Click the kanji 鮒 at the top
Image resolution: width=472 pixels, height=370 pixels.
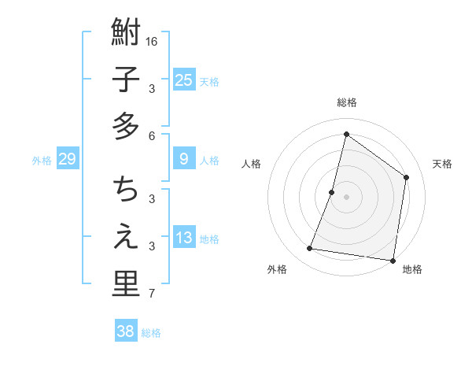click(x=126, y=33)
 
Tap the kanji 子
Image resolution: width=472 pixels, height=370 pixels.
click(x=126, y=80)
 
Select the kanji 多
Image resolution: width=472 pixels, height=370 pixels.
click(x=126, y=126)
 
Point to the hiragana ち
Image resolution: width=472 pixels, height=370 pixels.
click(x=126, y=190)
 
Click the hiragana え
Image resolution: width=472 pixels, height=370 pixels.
click(x=126, y=236)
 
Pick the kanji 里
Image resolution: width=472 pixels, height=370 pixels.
click(x=126, y=283)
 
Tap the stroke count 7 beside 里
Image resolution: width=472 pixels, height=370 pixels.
click(x=152, y=294)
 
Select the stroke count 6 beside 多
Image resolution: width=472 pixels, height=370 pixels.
click(x=152, y=135)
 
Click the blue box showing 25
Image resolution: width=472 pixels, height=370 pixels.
click(x=183, y=80)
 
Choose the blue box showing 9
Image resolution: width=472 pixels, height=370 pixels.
click(x=183, y=159)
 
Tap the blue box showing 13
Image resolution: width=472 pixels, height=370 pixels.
click(x=183, y=238)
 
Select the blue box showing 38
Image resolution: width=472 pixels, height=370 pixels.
click(x=126, y=331)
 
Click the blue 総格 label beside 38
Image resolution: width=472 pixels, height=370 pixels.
click(x=151, y=333)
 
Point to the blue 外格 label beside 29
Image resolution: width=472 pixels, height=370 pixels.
click(x=42, y=161)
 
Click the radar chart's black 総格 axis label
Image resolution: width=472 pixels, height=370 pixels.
click(x=346, y=102)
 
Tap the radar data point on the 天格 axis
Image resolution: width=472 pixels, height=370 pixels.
click(x=407, y=177)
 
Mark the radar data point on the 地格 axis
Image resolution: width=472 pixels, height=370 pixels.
click(x=393, y=260)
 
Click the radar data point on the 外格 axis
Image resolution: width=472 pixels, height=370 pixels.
click(x=309, y=249)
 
